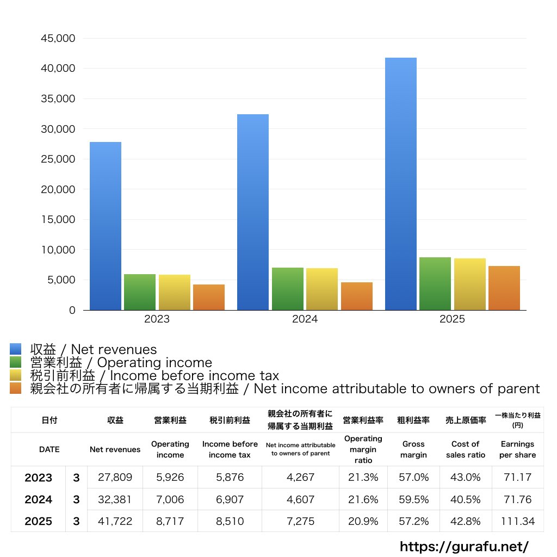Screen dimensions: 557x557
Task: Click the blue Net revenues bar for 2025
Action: [401, 184]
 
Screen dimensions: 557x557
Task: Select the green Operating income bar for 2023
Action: [140, 292]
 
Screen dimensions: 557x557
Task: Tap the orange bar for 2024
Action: [357, 296]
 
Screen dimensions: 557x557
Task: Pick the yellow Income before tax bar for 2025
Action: [470, 284]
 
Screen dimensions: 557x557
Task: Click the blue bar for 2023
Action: [106, 226]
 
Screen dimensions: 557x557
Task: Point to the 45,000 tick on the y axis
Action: [58, 39]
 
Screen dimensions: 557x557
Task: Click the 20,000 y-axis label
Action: [58, 190]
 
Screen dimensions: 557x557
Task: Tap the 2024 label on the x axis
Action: [305, 319]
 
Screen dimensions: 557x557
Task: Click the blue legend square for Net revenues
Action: [16, 349]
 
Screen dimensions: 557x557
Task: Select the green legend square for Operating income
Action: [16, 362]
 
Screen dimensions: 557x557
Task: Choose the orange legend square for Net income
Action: [16, 388]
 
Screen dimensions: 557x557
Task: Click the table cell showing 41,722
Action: [115, 521]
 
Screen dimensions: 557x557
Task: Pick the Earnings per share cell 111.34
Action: [517, 521]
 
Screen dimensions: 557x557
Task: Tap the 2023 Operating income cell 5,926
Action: [170, 478]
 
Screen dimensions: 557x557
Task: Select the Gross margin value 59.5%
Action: [413, 499]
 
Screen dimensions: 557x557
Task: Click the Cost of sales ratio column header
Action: [465, 449]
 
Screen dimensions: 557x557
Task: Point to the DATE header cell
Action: [49, 449]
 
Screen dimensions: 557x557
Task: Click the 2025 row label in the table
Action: [39, 521]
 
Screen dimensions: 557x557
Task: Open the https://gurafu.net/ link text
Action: [464, 546]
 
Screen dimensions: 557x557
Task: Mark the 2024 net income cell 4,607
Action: [300, 499]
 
